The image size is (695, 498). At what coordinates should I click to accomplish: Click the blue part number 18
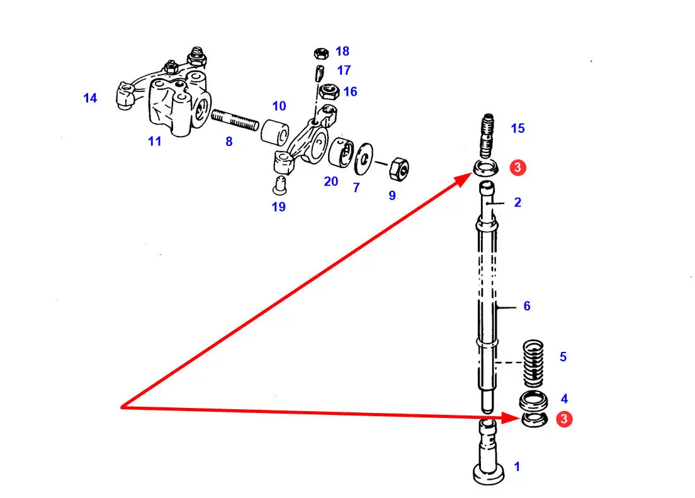(342, 52)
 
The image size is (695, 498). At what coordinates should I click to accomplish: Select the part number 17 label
(344, 71)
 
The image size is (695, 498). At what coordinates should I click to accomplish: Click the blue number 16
(350, 92)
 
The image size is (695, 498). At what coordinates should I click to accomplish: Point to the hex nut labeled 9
(398, 168)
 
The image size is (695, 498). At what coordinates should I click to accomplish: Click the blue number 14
(91, 98)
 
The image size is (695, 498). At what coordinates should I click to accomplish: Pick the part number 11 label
(155, 142)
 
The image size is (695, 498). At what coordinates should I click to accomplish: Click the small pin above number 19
(280, 184)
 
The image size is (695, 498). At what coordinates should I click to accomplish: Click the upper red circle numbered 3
(516, 167)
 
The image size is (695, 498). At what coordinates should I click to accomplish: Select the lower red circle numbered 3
(565, 419)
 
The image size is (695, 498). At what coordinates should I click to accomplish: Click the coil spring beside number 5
(534, 363)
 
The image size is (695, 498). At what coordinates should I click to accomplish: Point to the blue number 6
(527, 306)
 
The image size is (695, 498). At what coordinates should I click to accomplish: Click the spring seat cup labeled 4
(533, 401)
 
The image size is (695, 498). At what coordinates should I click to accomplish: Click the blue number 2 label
(517, 203)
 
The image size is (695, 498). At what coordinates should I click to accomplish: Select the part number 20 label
(331, 182)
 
